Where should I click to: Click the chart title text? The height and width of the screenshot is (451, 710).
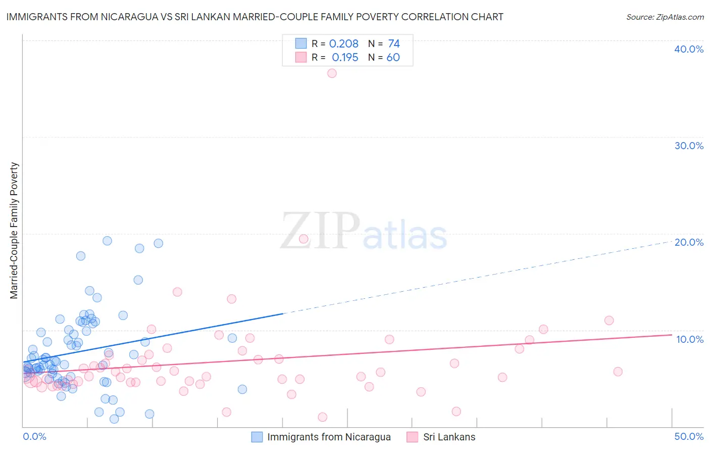tap(255, 17)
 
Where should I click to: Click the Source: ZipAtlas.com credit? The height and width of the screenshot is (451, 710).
tap(665, 17)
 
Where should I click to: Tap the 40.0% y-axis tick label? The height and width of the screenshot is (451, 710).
tap(688, 49)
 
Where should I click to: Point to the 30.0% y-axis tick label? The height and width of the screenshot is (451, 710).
tap(688, 146)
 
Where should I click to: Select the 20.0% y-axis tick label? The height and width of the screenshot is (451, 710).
tap(688, 242)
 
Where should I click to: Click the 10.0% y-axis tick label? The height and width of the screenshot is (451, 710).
tap(689, 339)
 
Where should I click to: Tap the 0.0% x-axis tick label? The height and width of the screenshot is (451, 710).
tap(34, 436)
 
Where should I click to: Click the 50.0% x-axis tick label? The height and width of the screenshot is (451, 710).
tap(688, 436)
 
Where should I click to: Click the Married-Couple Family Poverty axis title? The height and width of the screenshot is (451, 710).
tap(14, 231)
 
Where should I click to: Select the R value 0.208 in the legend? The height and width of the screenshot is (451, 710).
tap(343, 44)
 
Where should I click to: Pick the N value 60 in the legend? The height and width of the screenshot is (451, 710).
tap(393, 58)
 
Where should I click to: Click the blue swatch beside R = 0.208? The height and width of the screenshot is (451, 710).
tap(301, 43)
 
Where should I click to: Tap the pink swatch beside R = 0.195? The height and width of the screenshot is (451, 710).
tap(301, 57)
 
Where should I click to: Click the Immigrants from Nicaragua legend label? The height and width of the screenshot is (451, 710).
tap(329, 437)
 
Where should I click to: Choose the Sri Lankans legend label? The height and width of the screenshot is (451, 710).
tap(449, 437)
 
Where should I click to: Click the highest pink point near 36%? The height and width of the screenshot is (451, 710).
tap(332, 73)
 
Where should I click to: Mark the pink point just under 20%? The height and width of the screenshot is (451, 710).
tap(303, 239)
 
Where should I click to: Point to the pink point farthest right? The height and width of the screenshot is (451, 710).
tap(618, 372)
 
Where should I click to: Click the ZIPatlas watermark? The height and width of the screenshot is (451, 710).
tap(364, 231)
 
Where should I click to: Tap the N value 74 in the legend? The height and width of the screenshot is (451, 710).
tap(393, 44)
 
